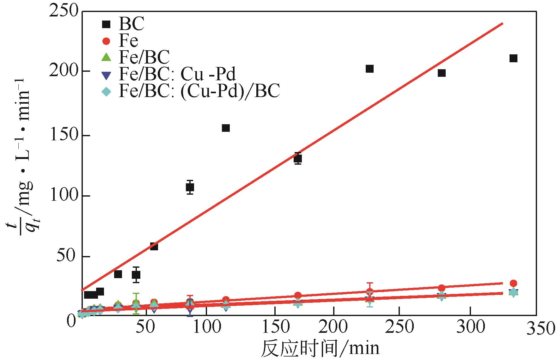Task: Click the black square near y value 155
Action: coord(226,128)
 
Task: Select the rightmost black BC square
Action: coord(513,58)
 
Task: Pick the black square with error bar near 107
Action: coord(190,187)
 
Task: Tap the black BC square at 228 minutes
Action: coord(370,69)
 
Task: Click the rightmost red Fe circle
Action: coord(513,283)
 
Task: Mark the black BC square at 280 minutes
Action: coord(442,73)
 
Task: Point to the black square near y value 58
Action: coord(154,247)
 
